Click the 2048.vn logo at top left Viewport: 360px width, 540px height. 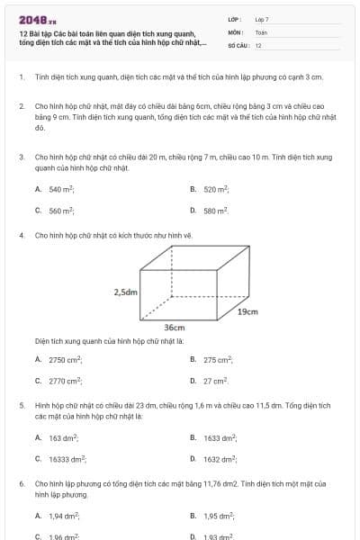tap(37, 19)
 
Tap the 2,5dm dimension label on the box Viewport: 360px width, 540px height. tap(125, 292)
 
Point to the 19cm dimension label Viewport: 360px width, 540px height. tap(247, 311)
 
